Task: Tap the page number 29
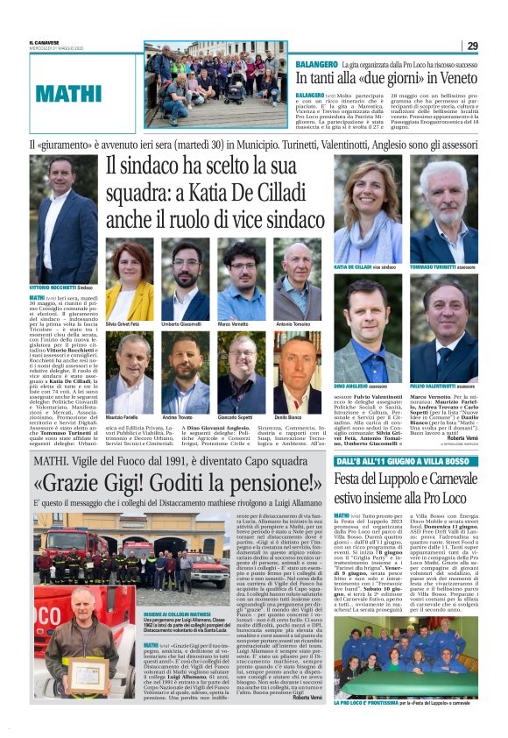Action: (x=472, y=46)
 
